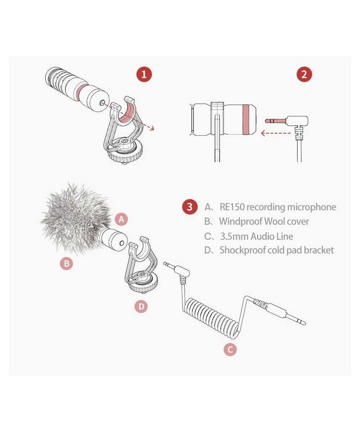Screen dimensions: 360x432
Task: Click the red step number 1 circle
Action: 144,74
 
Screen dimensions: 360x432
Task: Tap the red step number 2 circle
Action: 304,74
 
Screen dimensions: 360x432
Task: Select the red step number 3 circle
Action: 190,207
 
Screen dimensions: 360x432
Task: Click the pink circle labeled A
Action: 121,219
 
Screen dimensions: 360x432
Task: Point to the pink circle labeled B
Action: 66,264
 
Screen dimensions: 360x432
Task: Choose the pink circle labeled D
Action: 141,306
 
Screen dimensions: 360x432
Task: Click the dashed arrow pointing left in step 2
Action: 276,133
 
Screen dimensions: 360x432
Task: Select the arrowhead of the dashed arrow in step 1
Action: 152,128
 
